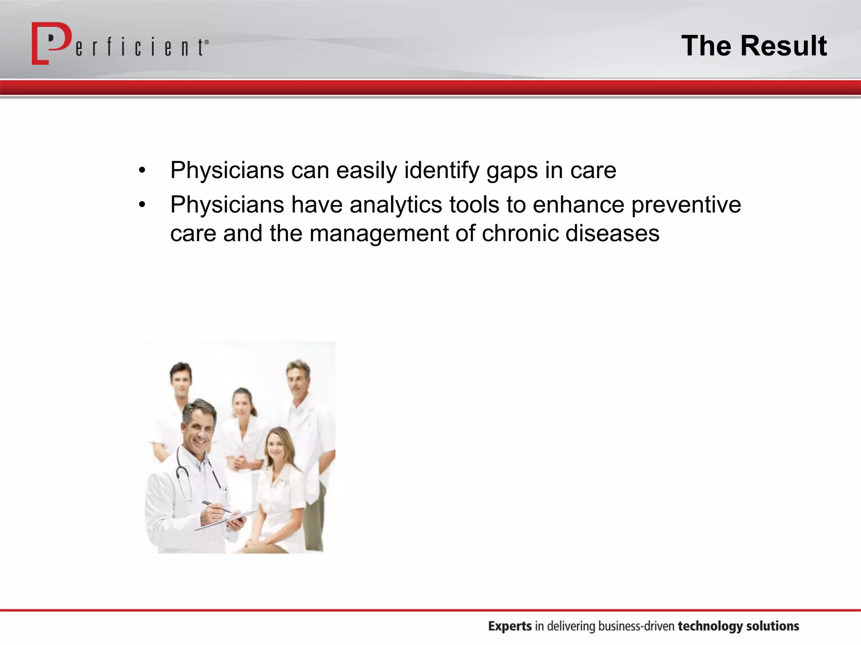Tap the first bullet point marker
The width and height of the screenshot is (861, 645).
142,171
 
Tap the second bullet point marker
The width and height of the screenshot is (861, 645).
142,205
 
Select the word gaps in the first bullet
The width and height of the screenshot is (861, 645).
512,171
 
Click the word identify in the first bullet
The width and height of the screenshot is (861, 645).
441,171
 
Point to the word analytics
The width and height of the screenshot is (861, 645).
396,205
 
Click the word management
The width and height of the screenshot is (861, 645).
379,234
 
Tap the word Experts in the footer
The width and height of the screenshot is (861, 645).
510,626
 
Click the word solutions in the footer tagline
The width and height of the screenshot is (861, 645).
772,626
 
